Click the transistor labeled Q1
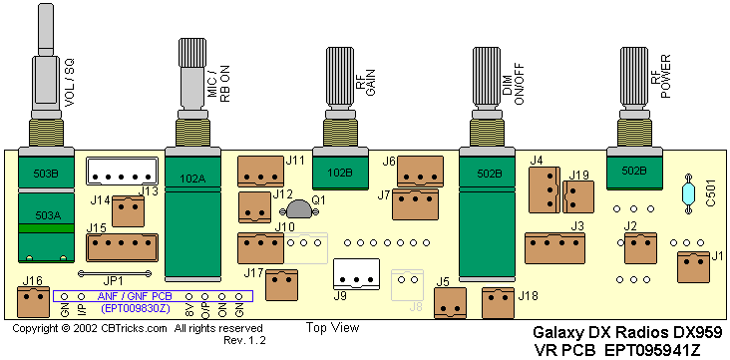(x=299, y=209)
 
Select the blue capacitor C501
(x=688, y=193)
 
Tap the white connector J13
(x=122, y=172)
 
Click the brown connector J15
(x=123, y=247)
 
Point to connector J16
(x=33, y=301)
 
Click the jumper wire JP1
(x=115, y=273)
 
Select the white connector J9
(x=357, y=273)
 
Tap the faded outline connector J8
(x=407, y=284)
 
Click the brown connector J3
(x=554, y=248)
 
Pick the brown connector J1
(x=693, y=267)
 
